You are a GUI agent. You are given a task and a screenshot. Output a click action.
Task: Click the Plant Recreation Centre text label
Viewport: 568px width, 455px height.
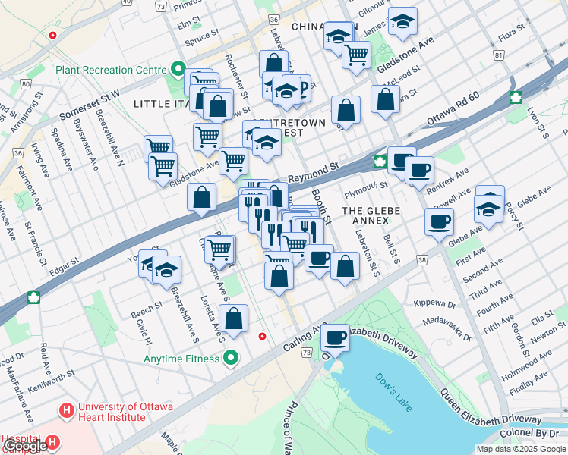pyautogui.click(x=110, y=70)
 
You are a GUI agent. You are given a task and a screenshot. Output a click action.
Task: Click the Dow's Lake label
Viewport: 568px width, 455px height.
pyautogui.click(x=393, y=391)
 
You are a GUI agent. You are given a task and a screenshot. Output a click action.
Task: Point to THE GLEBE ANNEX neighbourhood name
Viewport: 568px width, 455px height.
pyautogui.click(x=365, y=215)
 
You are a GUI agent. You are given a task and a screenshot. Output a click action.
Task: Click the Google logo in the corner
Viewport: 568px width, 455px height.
pyautogui.click(x=24, y=447)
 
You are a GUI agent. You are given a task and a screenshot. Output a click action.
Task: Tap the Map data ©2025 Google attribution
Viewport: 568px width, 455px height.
pyautogui.click(x=521, y=449)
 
